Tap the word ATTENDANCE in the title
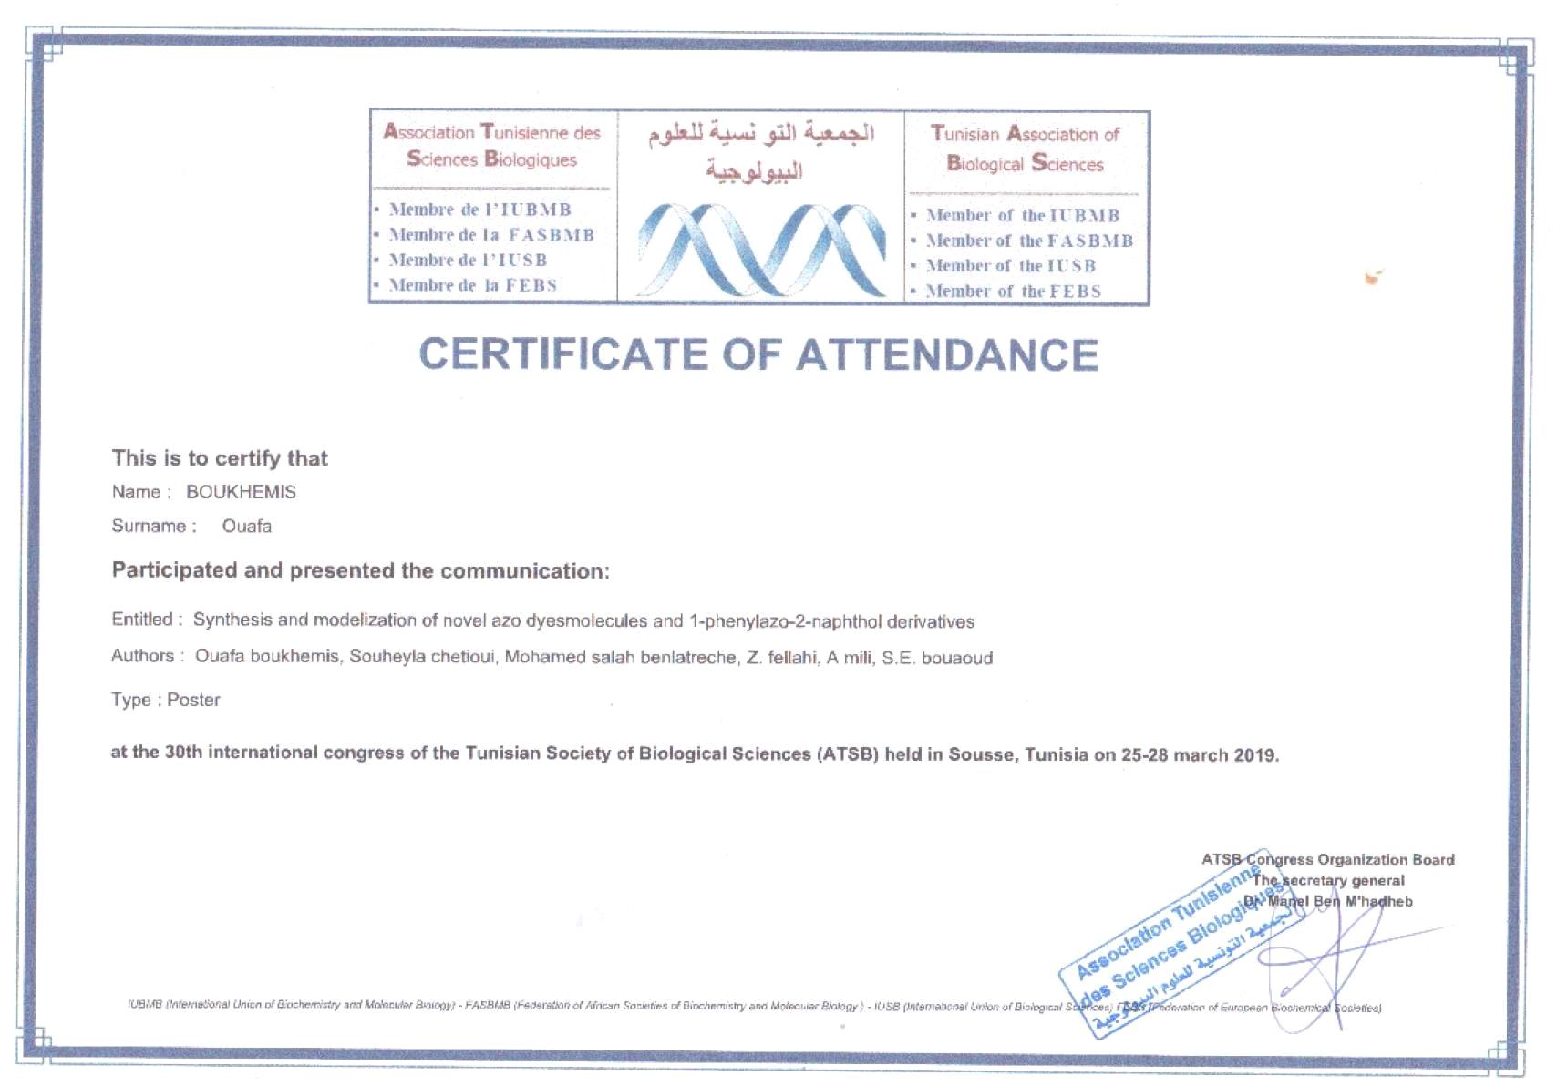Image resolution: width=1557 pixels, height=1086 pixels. pyautogui.click(x=947, y=354)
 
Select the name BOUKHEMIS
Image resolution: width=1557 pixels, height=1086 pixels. pyautogui.click(x=241, y=492)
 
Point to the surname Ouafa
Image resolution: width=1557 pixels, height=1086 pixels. pyautogui.click(x=246, y=527)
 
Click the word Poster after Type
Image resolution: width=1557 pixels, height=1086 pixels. pyautogui.click(x=193, y=700)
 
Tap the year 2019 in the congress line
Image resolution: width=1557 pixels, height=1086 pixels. pyautogui.click(x=1255, y=755)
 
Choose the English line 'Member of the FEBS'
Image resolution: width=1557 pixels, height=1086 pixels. pyautogui.click(x=1013, y=292)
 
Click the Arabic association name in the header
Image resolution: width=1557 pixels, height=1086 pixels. pyautogui.click(x=761, y=150)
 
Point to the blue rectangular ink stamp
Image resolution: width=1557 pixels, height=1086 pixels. pyautogui.click(x=1181, y=948)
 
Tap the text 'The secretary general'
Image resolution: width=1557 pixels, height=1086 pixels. pyautogui.click(x=1328, y=880)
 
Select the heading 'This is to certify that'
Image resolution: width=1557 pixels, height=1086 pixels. pyautogui.click(x=220, y=458)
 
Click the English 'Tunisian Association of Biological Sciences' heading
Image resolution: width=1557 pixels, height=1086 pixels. pyautogui.click(x=1025, y=149)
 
